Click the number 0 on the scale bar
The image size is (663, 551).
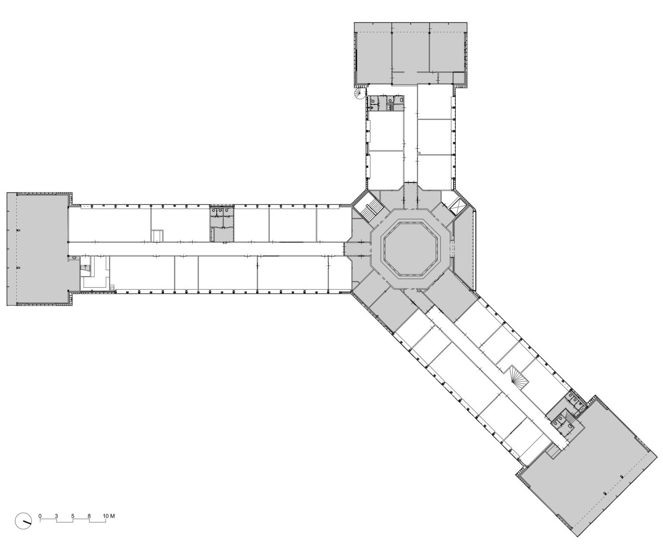pyautogui.click(x=40, y=516)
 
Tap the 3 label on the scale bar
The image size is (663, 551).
pyautogui.click(x=57, y=516)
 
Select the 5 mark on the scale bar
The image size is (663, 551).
pyautogui.click(x=73, y=516)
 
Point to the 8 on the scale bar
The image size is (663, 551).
pyautogui.click(x=89, y=516)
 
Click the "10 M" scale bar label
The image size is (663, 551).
pyautogui.click(x=109, y=516)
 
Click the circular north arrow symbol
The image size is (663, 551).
pyautogui.click(x=23, y=521)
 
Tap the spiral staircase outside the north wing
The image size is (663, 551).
pyautogui.click(x=360, y=94)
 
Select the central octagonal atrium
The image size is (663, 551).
pyautogui.click(x=412, y=249)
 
